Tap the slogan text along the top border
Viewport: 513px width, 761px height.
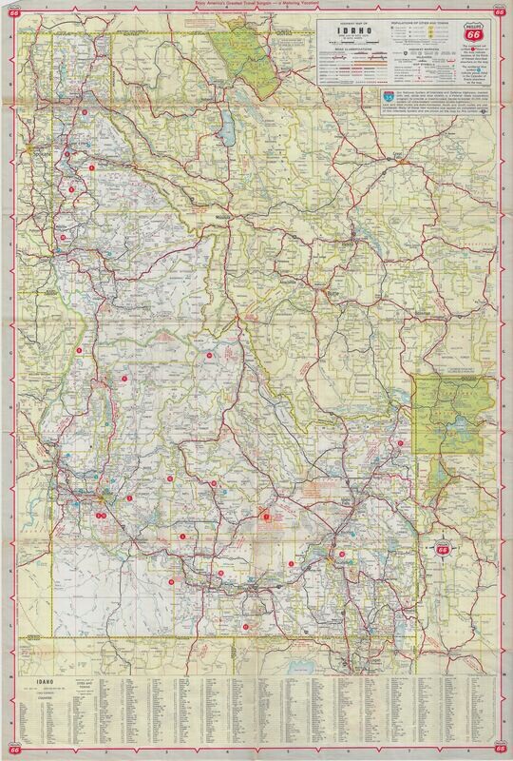[256, 6]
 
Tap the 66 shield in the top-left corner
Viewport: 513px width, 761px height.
[11, 11]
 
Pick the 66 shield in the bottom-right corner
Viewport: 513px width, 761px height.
[502, 750]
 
